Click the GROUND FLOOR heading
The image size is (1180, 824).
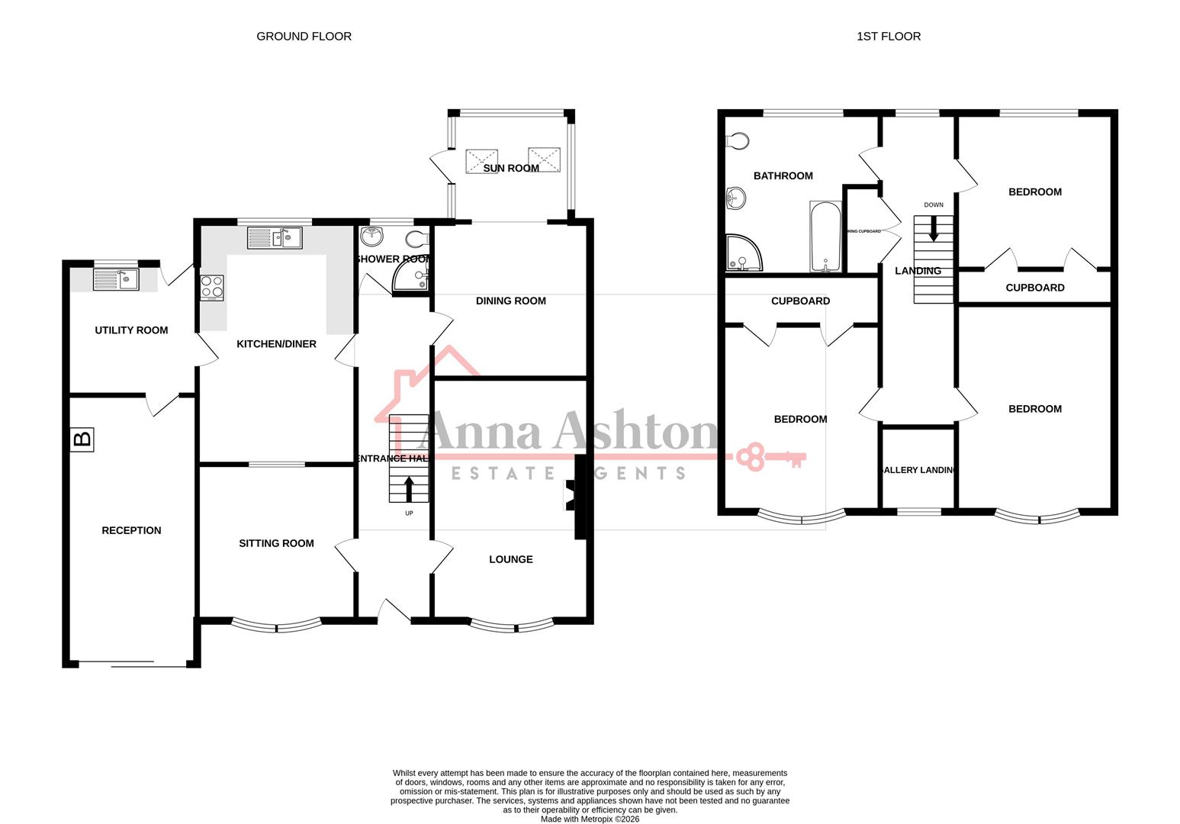tap(304, 36)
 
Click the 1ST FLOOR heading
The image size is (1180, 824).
tap(888, 36)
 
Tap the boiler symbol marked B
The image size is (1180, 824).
tap(82, 439)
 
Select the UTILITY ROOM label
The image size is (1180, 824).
tap(131, 330)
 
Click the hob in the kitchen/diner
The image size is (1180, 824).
tap(212, 287)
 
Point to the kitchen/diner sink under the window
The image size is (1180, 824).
tap(275, 238)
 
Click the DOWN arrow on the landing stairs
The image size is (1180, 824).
tap(933, 230)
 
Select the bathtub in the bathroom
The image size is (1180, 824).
tap(826, 237)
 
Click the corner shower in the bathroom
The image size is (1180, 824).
tap(742, 253)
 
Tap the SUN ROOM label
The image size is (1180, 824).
tap(511, 168)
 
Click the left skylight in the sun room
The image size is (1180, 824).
tap(481, 161)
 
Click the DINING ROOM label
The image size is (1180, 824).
tap(510, 301)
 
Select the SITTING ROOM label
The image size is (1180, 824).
tap(276, 543)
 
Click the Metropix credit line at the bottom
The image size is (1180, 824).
tap(590, 819)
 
